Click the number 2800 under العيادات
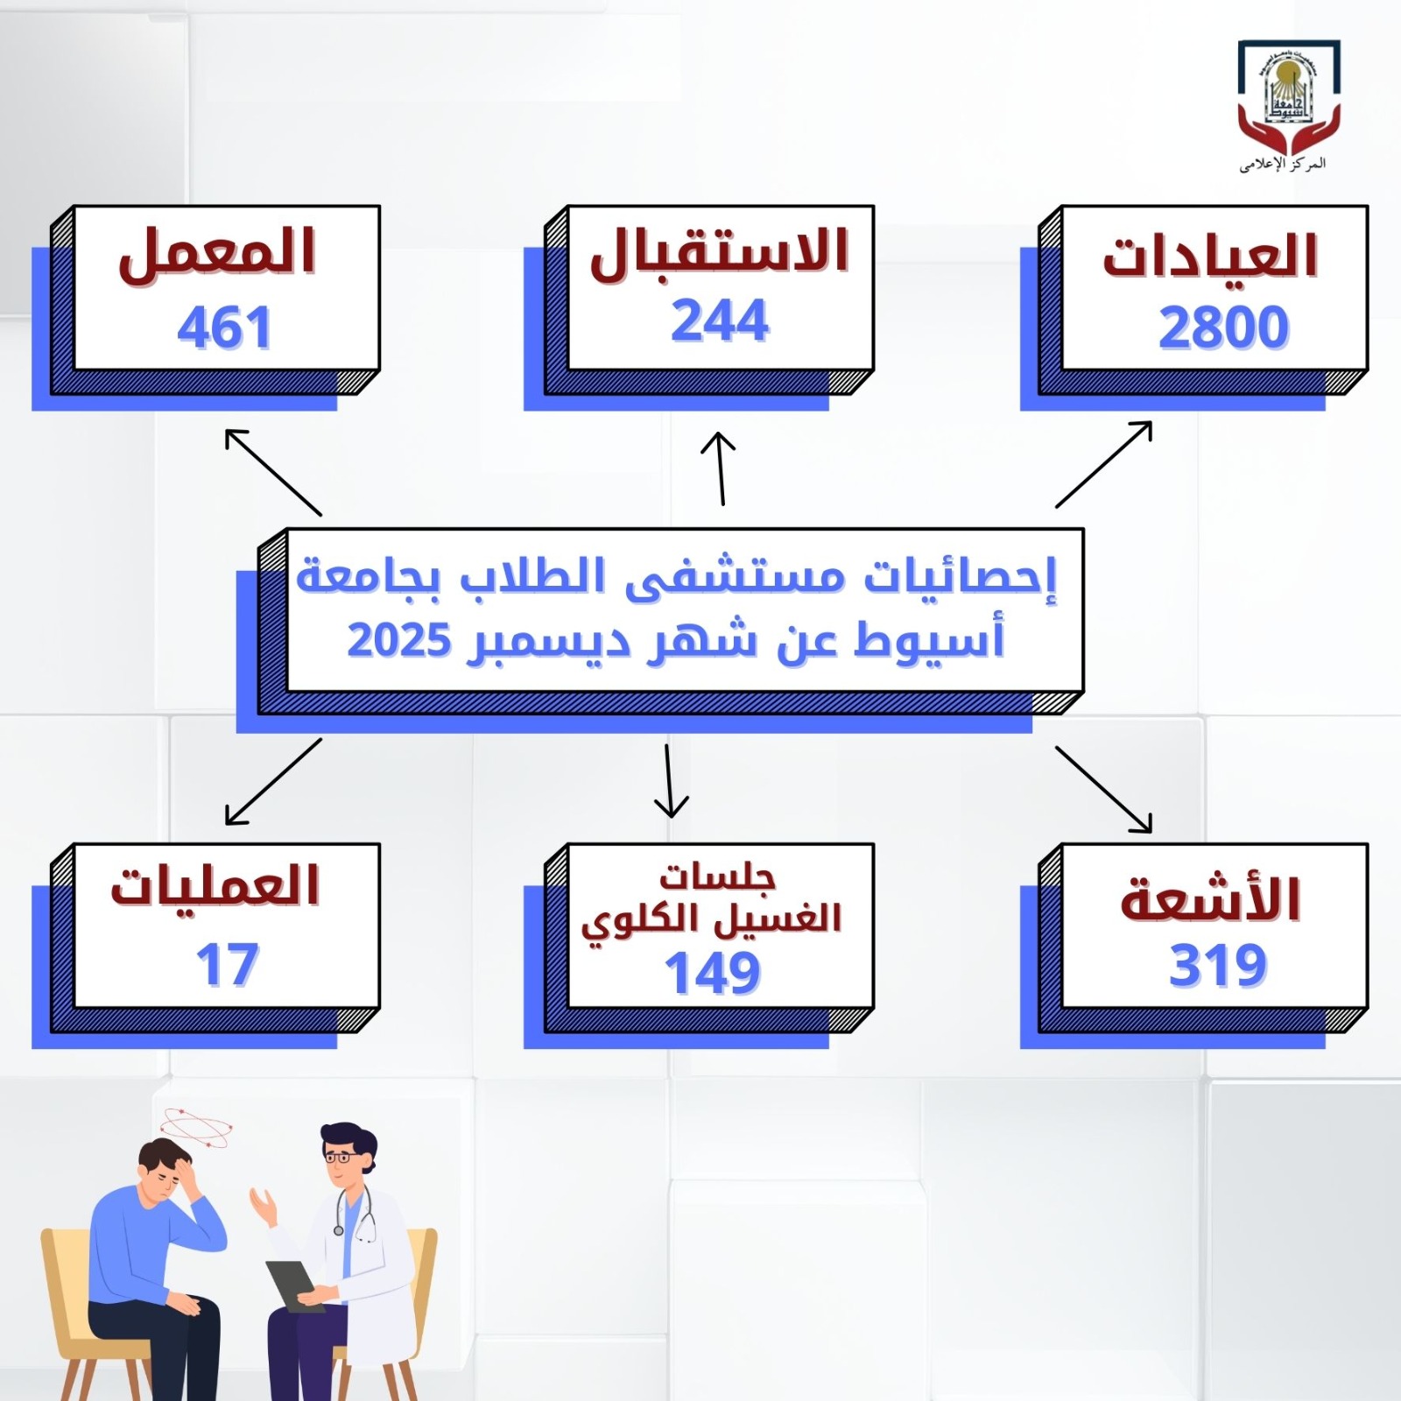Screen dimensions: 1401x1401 (x=1223, y=328)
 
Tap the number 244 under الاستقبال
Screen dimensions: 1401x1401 (x=720, y=320)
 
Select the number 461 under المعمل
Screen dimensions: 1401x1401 (x=224, y=328)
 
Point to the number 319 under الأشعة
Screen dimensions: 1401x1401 (x=1218, y=966)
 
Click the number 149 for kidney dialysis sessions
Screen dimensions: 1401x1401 (x=713, y=973)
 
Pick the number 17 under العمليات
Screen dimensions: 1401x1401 (x=228, y=965)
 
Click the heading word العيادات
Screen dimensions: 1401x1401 (x=1210, y=257)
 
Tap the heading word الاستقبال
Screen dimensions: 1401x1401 (x=720, y=252)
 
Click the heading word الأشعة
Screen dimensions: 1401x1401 (x=1211, y=898)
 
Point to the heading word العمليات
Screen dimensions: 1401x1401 (x=215, y=885)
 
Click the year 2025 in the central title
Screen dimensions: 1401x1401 (x=399, y=640)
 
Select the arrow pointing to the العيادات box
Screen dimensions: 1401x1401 (x=1104, y=464)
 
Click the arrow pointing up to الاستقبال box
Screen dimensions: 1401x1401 (x=720, y=468)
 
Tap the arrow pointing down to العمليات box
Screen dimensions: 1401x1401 (x=273, y=781)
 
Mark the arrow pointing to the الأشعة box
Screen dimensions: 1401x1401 (x=1104, y=789)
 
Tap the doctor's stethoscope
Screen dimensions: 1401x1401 (x=356, y=1211)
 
